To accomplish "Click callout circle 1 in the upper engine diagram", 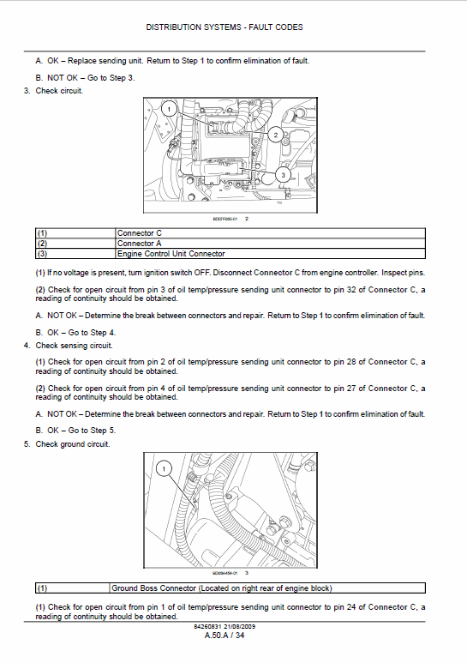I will coord(170,109).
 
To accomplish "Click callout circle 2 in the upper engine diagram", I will coord(275,135).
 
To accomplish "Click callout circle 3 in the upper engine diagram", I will coord(284,175).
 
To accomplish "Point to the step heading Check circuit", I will coord(59,91).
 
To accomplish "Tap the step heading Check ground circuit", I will coord(72,444).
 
